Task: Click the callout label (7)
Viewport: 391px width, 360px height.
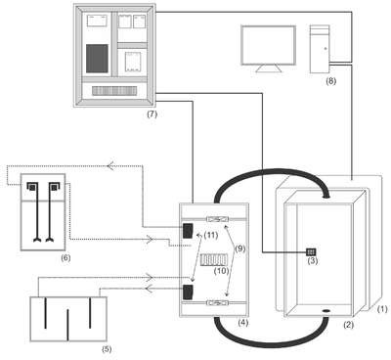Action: pyautogui.click(x=152, y=114)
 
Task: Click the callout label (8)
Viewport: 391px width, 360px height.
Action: pyautogui.click(x=330, y=81)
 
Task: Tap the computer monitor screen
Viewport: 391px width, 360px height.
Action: pyautogui.click(x=268, y=45)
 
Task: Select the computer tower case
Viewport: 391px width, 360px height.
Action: pyautogui.click(x=320, y=49)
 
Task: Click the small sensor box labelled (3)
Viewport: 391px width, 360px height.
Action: pyautogui.click(x=311, y=251)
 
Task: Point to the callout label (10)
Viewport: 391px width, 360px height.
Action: pyautogui.click(x=222, y=271)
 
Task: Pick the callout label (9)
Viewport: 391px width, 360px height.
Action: pyautogui.click(x=239, y=248)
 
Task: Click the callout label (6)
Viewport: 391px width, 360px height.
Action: pyautogui.click(x=65, y=258)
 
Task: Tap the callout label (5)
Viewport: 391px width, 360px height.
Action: pyautogui.click(x=107, y=349)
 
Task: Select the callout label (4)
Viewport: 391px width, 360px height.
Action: pyautogui.click(x=242, y=323)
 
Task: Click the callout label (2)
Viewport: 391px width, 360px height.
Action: pyautogui.click(x=349, y=325)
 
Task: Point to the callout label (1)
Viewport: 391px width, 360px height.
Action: pyautogui.click(x=382, y=309)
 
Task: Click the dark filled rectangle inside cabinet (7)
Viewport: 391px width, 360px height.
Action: pyautogui.click(x=97, y=59)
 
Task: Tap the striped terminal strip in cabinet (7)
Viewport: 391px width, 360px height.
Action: pyautogui.click(x=114, y=91)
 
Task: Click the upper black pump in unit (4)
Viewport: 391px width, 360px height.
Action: pyautogui.click(x=188, y=231)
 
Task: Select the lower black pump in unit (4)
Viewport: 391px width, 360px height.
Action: pyautogui.click(x=188, y=292)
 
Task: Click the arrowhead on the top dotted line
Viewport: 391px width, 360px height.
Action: pyautogui.click(x=110, y=165)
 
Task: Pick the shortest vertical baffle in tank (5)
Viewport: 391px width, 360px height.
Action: pyautogui.click(x=67, y=325)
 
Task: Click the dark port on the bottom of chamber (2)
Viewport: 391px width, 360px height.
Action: pyautogui.click(x=326, y=311)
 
